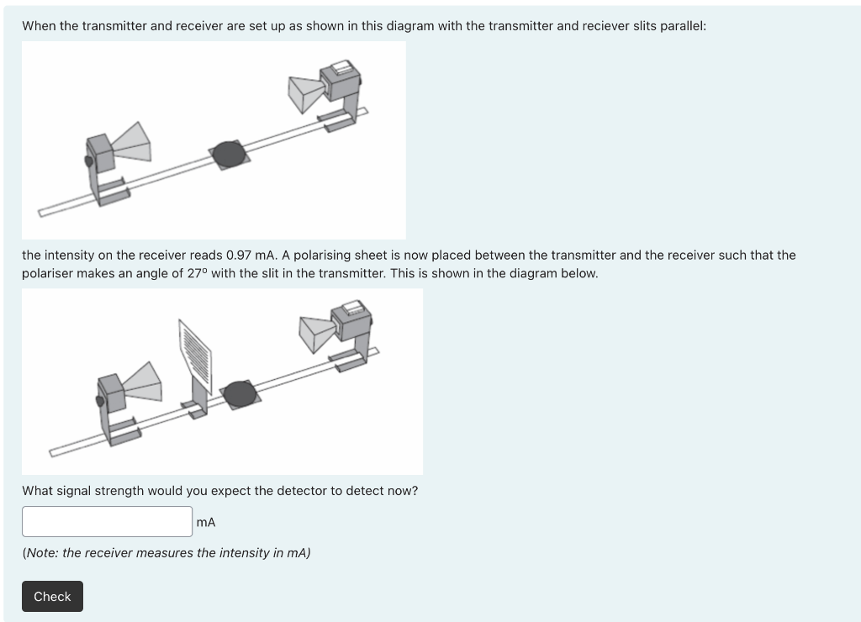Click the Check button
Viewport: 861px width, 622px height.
pos(53,596)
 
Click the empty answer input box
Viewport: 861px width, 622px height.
pos(107,521)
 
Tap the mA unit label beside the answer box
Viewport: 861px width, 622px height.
pos(206,522)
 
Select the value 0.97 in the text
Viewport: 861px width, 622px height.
pos(239,256)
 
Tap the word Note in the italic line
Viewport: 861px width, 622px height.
pos(42,553)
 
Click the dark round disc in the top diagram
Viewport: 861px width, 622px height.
pos(229,155)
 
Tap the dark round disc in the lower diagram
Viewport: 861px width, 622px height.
pos(240,394)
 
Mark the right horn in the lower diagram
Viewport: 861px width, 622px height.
pos(317,333)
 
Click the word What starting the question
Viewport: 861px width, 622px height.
pos(38,491)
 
